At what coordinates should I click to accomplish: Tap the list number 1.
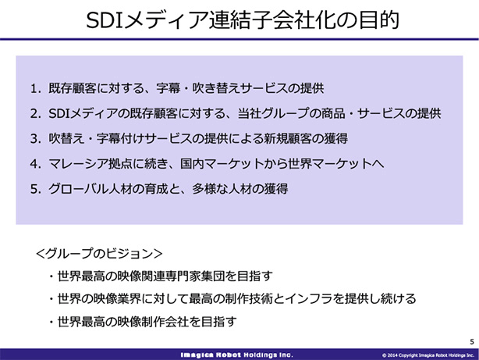(x=35, y=89)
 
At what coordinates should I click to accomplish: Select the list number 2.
(x=35, y=114)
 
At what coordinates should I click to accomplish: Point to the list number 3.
(x=35, y=139)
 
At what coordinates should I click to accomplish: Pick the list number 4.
(x=35, y=164)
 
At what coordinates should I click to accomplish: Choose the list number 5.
(x=35, y=189)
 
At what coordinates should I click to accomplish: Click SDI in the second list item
(x=59, y=114)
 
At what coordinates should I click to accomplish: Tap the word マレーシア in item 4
(x=79, y=164)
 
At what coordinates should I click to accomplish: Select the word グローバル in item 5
(x=79, y=189)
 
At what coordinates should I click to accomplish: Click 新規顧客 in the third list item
(x=287, y=139)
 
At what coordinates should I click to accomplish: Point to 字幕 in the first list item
(x=169, y=89)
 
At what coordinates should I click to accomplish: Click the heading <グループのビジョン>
(x=99, y=254)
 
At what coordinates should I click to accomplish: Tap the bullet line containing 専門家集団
(x=161, y=276)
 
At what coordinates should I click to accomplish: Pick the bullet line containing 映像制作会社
(x=143, y=322)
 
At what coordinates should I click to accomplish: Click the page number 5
(x=472, y=341)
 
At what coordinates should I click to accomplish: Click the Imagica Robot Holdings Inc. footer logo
(x=236, y=355)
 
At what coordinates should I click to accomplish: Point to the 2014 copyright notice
(x=428, y=355)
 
